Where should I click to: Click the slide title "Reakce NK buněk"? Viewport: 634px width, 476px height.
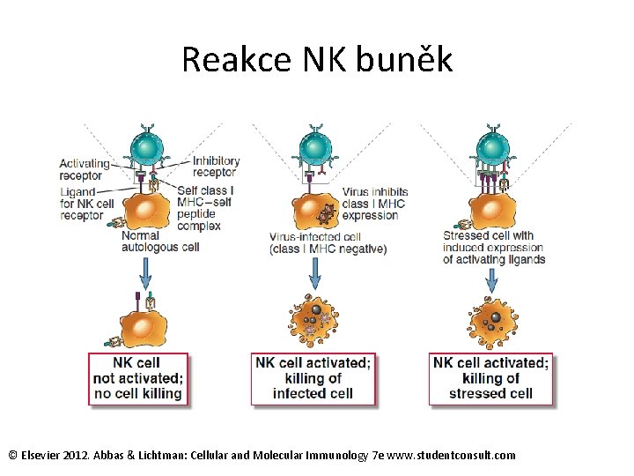(x=317, y=60)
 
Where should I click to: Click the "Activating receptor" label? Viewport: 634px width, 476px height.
(x=85, y=169)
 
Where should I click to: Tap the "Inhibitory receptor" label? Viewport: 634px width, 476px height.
(x=216, y=167)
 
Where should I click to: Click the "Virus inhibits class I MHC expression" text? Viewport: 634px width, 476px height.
(x=373, y=204)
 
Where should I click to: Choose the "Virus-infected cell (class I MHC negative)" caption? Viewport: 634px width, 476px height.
(x=328, y=242)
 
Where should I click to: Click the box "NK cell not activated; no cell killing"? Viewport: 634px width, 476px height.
(x=138, y=378)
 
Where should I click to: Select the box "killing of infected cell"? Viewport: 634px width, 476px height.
(x=313, y=378)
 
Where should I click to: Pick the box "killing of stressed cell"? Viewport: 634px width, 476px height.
(x=490, y=378)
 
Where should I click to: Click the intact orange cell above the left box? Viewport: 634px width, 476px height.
(x=141, y=324)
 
